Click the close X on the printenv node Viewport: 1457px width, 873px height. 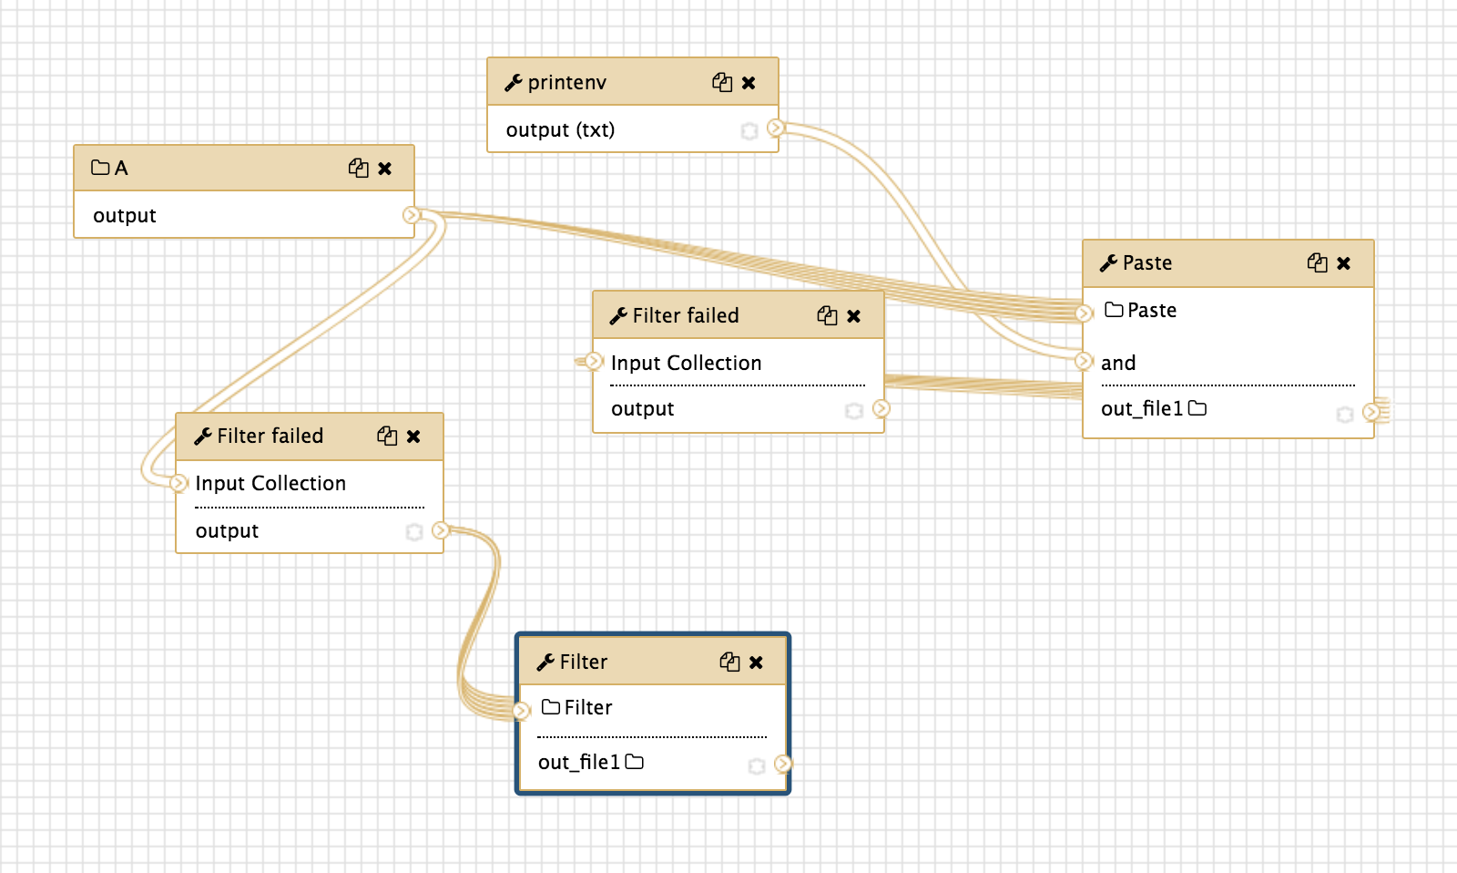749,83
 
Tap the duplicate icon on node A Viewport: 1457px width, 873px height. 359,168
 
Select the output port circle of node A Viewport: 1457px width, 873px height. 411,215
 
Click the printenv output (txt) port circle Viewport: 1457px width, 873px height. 775,128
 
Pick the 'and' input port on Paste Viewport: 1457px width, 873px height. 1084,361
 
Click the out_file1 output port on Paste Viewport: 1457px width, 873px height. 1370,411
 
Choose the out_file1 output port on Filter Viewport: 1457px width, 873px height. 782,764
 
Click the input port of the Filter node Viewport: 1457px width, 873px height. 522,710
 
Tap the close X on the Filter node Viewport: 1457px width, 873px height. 756,662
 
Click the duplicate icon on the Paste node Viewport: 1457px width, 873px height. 1317,263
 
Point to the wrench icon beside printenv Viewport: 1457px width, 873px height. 514,83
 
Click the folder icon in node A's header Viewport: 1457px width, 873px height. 100,168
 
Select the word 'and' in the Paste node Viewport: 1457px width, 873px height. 1118,363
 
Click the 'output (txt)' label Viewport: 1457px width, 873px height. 560,129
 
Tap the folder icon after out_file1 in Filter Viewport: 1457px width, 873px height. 634,762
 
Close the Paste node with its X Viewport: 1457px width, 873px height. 1344,263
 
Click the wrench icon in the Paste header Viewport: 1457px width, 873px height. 1108,263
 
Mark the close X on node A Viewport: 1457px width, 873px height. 385,169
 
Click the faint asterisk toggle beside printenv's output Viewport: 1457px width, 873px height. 749,131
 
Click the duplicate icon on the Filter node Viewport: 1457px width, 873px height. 729,662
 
